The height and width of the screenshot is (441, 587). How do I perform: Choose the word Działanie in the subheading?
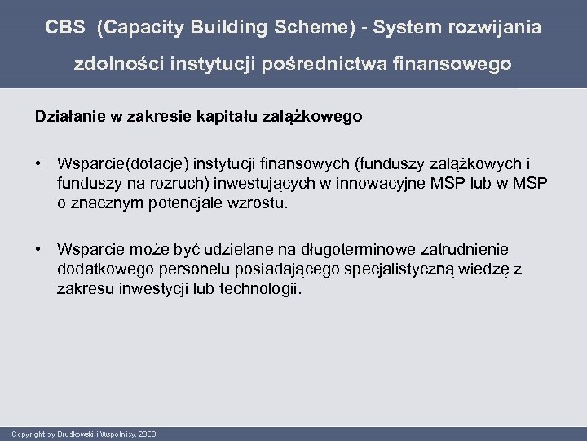tap(65, 117)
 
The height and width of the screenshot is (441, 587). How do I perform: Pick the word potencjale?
tap(185, 204)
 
